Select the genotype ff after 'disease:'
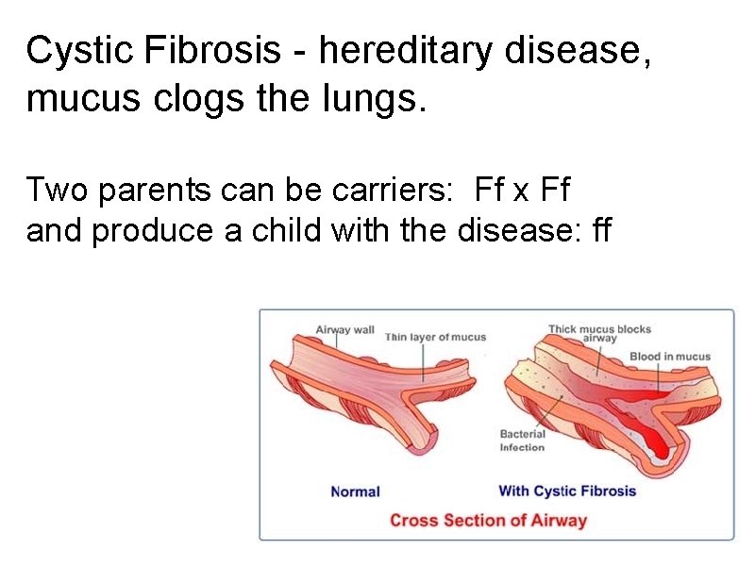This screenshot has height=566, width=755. (599, 230)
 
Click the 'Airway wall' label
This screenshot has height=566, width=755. (344, 330)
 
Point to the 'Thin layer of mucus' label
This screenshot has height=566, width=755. (435, 337)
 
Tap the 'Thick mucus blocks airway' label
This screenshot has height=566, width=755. (599, 333)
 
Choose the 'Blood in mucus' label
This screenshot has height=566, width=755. (669, 357)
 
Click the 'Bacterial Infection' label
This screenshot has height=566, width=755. (522, 441)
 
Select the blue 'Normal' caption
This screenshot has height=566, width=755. (355, 491)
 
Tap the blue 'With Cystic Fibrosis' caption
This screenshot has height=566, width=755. (566, 491)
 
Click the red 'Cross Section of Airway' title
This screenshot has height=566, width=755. (488, 520)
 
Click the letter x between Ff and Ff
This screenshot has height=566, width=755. (521, 191)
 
